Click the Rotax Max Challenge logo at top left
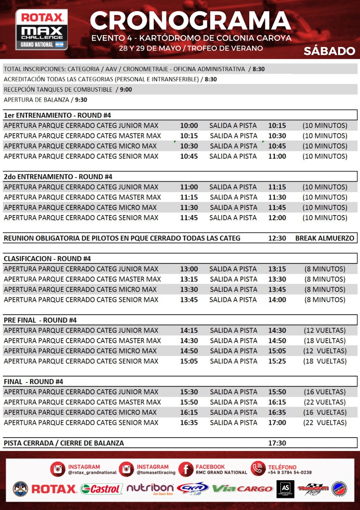click(41, 29)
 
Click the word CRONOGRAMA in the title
click(190, 21)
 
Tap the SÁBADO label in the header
click(329, 51)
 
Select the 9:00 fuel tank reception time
click(126, 90)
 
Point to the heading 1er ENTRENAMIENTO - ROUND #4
click(57, 116)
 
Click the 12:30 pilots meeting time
click(277, 238)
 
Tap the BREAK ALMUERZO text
click(325, 238)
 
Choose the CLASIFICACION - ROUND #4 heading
click(47, 259)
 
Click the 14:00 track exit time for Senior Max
click(277, 300)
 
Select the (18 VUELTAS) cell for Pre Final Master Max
click(325, 341)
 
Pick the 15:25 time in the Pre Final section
click(277, 361)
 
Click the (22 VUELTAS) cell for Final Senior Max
click(325, 423)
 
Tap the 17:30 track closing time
click(277, 443)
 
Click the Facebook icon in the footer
click(186, 469)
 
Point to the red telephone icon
click(258, 469)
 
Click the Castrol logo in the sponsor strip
click(102, 489)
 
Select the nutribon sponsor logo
click(150, 488)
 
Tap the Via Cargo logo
click(242, 488)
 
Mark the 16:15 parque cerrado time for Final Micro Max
click(189, 412)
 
